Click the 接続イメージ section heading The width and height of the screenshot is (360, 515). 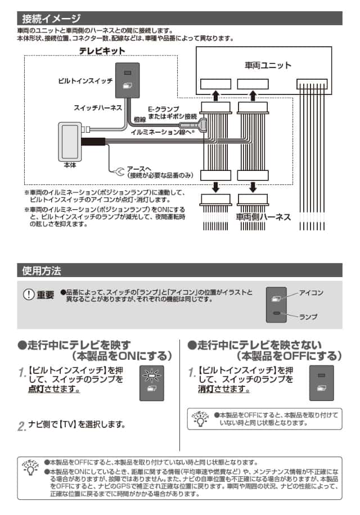(51, 19)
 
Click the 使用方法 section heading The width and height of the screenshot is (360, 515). (42, 270)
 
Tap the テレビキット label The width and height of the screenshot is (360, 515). (102, 51)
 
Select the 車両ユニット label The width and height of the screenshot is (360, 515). (268, 65)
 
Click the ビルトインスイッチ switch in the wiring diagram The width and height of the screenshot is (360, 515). (128, 80)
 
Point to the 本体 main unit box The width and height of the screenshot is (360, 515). (70, 142)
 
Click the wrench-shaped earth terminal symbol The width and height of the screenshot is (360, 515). (119, 171)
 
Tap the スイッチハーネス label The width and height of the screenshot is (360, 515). (97, 108)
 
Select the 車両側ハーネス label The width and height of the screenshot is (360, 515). (263, 217)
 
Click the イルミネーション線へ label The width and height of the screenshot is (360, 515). (162, 132)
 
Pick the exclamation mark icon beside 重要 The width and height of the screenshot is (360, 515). (29, 294)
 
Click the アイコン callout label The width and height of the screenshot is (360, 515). (311, 292)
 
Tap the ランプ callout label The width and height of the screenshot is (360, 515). (308, 317)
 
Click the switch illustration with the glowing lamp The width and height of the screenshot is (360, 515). (152, 383)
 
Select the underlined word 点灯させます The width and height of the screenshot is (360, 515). (54, 389)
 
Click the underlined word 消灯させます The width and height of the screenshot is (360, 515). (224, 389)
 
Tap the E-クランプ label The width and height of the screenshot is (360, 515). (164, 109)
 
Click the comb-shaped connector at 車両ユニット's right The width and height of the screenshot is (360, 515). (312, 84)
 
